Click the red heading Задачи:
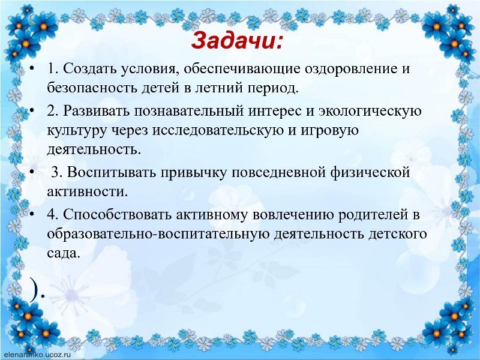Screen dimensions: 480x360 point(236,41)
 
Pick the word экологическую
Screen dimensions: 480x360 point(370,110)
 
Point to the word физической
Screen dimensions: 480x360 point(370,173)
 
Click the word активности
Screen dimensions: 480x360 point(87,192)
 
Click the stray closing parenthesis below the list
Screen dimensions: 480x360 point(35,290)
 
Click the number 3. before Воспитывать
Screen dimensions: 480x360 point(56,172)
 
